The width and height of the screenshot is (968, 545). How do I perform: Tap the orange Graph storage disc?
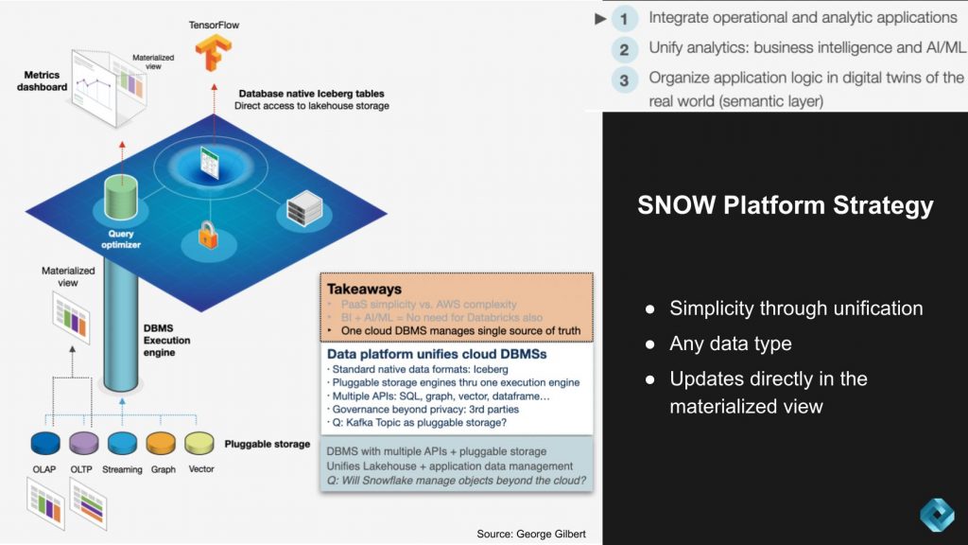[x=162, y=442]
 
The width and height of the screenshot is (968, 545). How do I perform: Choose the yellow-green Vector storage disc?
[x=200, y=442]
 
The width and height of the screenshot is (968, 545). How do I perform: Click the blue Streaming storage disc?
[x=123, y=442]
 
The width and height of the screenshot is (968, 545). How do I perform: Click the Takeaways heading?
[x=364, y=288]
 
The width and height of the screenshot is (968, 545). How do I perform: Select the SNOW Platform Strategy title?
[x=785, y=205]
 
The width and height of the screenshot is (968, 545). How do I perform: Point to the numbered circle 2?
[x=624, y=48]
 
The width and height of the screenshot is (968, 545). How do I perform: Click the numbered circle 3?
[x=624, y=79]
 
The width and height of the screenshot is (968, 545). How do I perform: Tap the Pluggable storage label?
[x=267, y=443]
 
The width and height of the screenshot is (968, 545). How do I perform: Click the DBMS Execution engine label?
[x=167, y=340]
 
